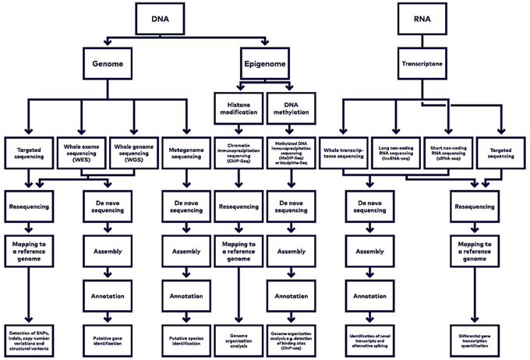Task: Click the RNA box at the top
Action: pos(421,16)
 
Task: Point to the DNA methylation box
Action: pos(291,108)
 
